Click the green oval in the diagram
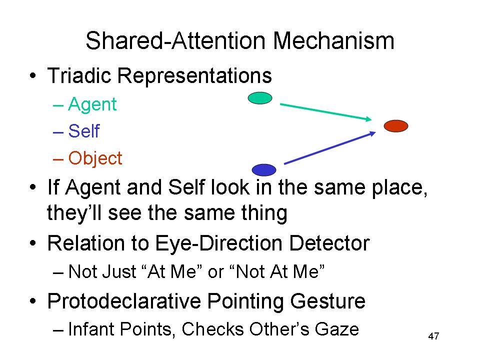[x=260, y=98]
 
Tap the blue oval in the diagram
[x=264, y=170]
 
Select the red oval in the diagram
[x=396, y=126]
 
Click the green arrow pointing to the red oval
[x=325, y=112]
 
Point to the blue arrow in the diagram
[x=330, y=148]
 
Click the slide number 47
[x=433, y=336]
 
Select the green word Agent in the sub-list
[x=92, y=104]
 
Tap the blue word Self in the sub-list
[x=84, y=131]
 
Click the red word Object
[x=95, y=158]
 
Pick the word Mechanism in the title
[x=333, y=40]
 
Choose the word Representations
[x=194, y=75]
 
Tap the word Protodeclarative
[x=124, y=301]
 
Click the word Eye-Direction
[x=219, y=243]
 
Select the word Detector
[x=329, y=243]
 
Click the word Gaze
[x=336, y=329]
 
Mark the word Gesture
[x=327, y=301]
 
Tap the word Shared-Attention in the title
[x=175, y=40]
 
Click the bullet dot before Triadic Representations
[x=33, y=75]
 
